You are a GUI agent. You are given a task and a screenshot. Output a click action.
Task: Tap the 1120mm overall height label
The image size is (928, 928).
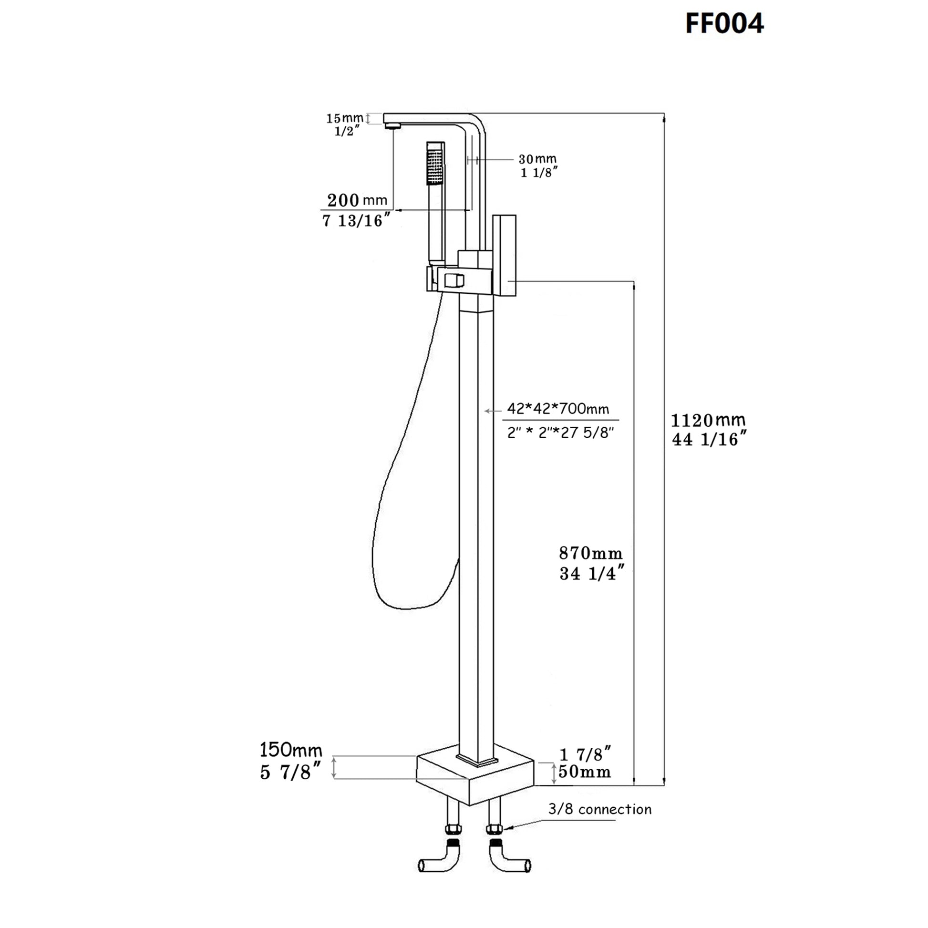[708, 421]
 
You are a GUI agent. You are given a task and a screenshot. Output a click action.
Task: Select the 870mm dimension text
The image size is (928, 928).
[590, 553]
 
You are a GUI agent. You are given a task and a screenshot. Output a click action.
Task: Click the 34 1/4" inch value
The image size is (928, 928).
[592, 574]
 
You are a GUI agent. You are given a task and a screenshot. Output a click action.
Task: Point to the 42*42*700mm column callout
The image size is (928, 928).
[557, 409]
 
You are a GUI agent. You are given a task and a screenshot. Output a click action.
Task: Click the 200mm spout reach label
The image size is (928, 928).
[357, 200]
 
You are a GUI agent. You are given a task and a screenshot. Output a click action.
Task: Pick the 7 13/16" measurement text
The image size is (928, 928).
[355, 221]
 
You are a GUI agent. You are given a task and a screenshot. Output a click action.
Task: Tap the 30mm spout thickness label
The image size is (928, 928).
[537, 159]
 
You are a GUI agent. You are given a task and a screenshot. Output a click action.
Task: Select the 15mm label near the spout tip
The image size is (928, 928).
[344, 118]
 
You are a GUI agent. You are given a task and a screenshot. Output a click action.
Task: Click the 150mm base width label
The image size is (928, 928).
[290, 750]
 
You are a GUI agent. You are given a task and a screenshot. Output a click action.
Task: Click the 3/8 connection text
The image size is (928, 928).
[599, 809]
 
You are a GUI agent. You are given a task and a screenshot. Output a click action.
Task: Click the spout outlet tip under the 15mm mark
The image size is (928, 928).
[392, 126]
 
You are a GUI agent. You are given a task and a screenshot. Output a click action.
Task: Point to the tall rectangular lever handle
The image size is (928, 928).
[505, 255]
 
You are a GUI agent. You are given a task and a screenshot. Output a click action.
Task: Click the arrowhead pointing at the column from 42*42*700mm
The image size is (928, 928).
[486, 411]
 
